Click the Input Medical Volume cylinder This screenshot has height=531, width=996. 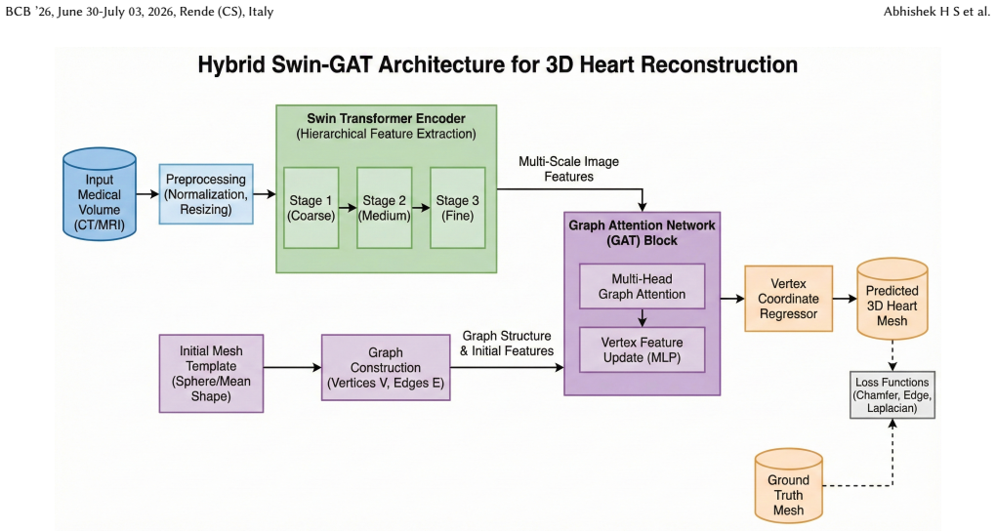click(99, 194)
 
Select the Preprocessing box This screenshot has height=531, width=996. click(206, 193)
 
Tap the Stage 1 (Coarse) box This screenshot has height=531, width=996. click(311, 208)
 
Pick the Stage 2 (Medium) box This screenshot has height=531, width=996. click(385, 208)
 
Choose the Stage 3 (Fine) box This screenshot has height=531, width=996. click(457, 208)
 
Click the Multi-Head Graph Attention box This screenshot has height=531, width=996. click(642, 286)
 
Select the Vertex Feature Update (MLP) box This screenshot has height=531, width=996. click(642, 349)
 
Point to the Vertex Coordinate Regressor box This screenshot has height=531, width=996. click(788, 299)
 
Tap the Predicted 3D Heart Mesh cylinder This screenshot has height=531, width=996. click(892, 299)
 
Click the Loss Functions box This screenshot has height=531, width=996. click(892, 395)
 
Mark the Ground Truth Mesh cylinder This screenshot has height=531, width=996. click(788, 486)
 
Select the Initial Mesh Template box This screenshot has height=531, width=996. click(211, 374)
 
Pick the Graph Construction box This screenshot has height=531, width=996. click(386, 368)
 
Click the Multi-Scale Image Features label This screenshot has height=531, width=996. click(568, 169)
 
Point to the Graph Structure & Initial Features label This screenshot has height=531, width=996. click(506, 343)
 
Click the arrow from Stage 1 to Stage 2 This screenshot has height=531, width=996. click(348, 208)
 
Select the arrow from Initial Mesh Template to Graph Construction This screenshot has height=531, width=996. click(292, 367)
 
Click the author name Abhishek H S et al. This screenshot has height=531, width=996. click(936, 12)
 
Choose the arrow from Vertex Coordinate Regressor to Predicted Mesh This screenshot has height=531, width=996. click(845, 299)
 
